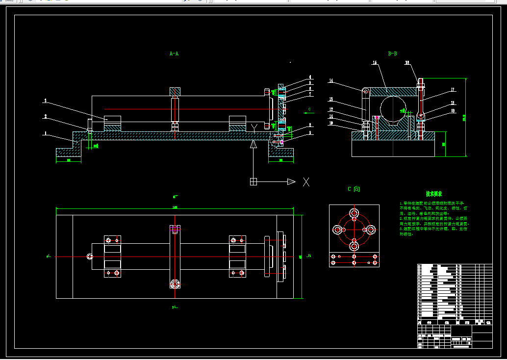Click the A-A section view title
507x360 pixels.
point(174,53)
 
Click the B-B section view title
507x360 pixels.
point(392,53)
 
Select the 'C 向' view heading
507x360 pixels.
point(354,189)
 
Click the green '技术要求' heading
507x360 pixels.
point(434,194)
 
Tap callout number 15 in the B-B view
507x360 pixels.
point(374,63)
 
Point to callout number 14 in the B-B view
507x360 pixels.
point(331,80)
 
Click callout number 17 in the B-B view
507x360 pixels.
point(453,90)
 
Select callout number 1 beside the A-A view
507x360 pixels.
point(45,132)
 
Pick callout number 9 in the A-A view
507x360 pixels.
point(310,133)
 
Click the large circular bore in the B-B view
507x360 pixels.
point(392,109)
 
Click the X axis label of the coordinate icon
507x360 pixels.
point(306,182)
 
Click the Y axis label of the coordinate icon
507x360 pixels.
point(253,128)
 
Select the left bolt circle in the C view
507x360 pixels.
point(337,229)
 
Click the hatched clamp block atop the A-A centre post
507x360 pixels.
point(175,91)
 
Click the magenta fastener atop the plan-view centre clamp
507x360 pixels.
point(175,228)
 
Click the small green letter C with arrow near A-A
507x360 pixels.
point(309,109)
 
